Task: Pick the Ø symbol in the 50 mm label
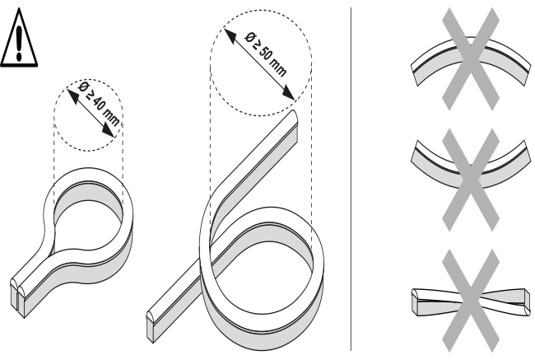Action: [x=251, y=37]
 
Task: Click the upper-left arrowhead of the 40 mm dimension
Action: [x=72, y=94]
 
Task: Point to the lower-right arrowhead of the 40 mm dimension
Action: [x=109, y=132]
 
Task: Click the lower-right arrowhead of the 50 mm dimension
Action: [x=289, y=93]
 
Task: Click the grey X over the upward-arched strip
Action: [x=471, y=59]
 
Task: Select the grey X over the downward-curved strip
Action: [x=471, y=180]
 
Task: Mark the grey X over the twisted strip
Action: [x=471, y=301]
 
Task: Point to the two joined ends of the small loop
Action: [x=18, y=297]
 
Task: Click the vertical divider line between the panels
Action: [x=351, y=179]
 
